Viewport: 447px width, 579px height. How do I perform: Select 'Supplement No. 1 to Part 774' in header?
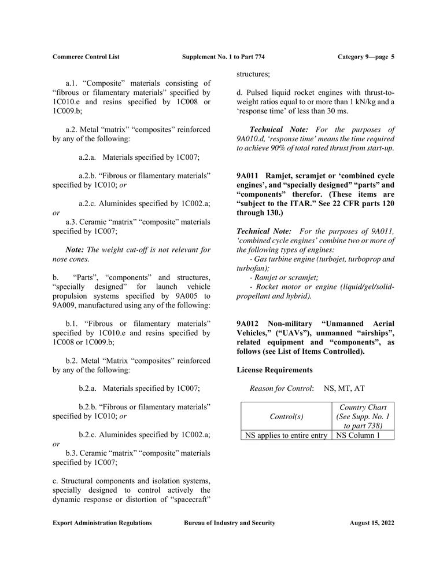223,57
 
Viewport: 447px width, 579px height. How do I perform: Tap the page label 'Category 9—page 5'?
365,57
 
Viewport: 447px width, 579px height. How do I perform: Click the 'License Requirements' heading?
275,369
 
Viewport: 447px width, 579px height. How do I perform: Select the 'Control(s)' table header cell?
286,416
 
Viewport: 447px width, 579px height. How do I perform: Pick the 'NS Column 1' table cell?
357,435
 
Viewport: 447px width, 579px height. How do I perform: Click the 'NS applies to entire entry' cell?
286,435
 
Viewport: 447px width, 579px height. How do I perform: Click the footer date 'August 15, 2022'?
372,523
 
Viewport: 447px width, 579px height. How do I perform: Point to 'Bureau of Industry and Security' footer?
230,523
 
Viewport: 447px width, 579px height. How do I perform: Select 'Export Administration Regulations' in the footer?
102,523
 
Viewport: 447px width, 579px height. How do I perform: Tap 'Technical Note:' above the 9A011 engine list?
261,231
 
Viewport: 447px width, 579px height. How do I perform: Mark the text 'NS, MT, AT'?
344,388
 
